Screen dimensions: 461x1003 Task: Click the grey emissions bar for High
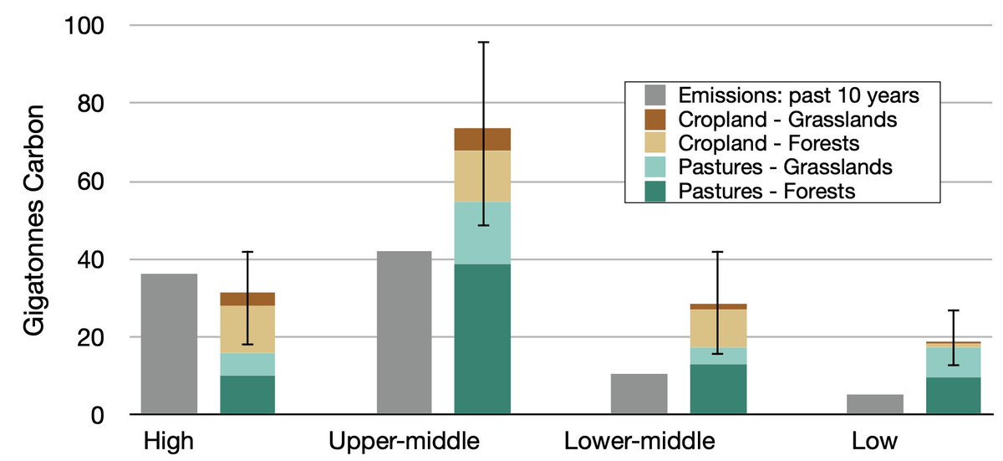[x=169, y=344]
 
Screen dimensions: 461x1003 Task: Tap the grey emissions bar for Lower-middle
[x=639, y=394]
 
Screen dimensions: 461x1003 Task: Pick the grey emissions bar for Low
[x=874, y=404]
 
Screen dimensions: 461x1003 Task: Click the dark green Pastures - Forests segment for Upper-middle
[x=482, y=339]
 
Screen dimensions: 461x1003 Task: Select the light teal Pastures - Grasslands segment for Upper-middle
[x=482, y=233]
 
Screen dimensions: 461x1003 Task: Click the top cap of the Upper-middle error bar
[x=482, y=42]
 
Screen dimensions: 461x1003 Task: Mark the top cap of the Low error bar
[x=953, y=310]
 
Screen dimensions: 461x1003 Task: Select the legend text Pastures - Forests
[x=767, y=192]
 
